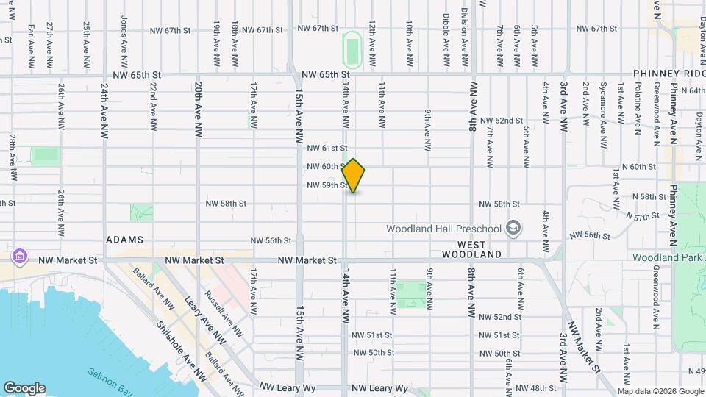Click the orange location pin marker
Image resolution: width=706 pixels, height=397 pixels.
[354, 176]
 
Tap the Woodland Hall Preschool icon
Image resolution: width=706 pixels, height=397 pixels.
[513, 228]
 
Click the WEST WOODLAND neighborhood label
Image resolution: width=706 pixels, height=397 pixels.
[471, 249]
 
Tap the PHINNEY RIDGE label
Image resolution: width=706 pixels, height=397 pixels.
[669, 75]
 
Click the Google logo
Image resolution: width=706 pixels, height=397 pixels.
[24, 388]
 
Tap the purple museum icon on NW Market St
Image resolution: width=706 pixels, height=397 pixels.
[20, 257]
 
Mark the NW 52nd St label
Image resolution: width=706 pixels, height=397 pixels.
[499, 317]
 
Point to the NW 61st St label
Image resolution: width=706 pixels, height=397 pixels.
[327, 149]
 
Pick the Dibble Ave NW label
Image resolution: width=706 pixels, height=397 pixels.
[446, 32]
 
